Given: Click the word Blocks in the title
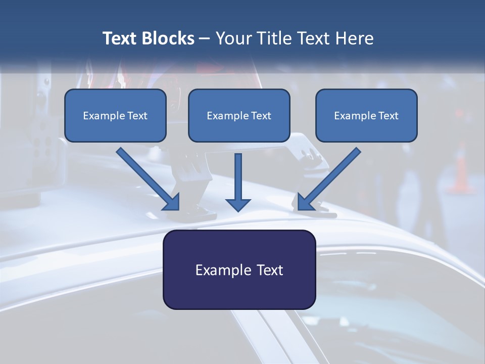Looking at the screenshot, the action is tap(168, 38).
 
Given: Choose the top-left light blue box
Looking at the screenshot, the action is tap(115, 115).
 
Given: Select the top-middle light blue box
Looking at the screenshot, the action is tap(239, 115).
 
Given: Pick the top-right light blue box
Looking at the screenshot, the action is tap(367, 115).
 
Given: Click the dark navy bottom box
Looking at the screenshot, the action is tap(239, 269).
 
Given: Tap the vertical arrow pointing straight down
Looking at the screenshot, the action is tap(238, 183).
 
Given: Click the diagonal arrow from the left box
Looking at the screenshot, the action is tap(148, 179).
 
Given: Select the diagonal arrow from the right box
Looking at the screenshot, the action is tap(329, 179).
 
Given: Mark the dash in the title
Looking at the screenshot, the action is tap(205, 39).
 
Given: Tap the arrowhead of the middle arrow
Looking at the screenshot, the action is tap(238, 205).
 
